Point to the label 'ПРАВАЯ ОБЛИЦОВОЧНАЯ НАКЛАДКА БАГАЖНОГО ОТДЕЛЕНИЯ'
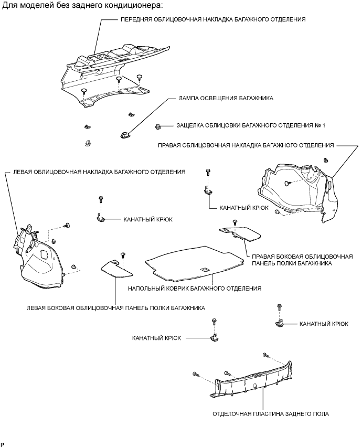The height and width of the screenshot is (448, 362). coord(246,144)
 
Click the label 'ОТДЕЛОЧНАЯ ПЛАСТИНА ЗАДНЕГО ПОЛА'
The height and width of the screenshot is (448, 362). coord(271,414)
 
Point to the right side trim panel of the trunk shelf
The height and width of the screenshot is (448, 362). coord(241,230)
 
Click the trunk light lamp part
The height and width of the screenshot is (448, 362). coord(124,135)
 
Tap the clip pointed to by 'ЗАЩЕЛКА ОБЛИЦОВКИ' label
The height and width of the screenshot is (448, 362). coord(157,126)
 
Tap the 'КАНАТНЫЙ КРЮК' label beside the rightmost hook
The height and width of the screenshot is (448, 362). coord(323,324)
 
